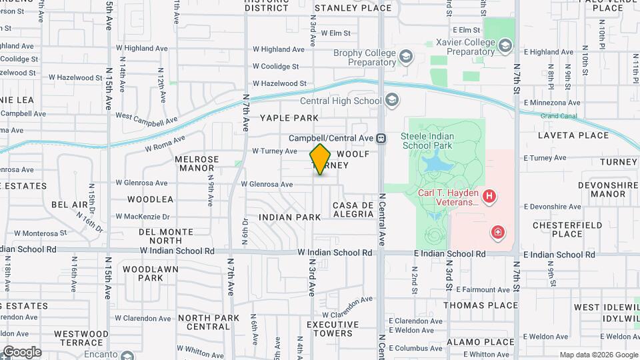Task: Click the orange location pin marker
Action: [320, 159]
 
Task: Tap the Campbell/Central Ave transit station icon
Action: [381, 139]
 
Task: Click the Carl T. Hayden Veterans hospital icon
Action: [489, 196]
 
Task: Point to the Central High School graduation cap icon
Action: [392, 101]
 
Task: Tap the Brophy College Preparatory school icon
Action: [405, 57]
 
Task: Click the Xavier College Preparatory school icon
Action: [505, 46]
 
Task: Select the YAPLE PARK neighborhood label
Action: [289, 118]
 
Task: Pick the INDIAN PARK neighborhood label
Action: [290, 217]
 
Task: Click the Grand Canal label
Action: [559, 116]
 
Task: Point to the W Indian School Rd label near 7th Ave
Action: [177, 251]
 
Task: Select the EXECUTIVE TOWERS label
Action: [329, 329]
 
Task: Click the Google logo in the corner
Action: [22, 351]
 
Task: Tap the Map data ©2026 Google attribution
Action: [598, 355]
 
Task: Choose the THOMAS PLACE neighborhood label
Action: [481, 305]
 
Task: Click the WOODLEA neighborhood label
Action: [150, 199]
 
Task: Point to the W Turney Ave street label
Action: [275, 151]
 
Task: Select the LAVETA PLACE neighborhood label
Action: [573, 135]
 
